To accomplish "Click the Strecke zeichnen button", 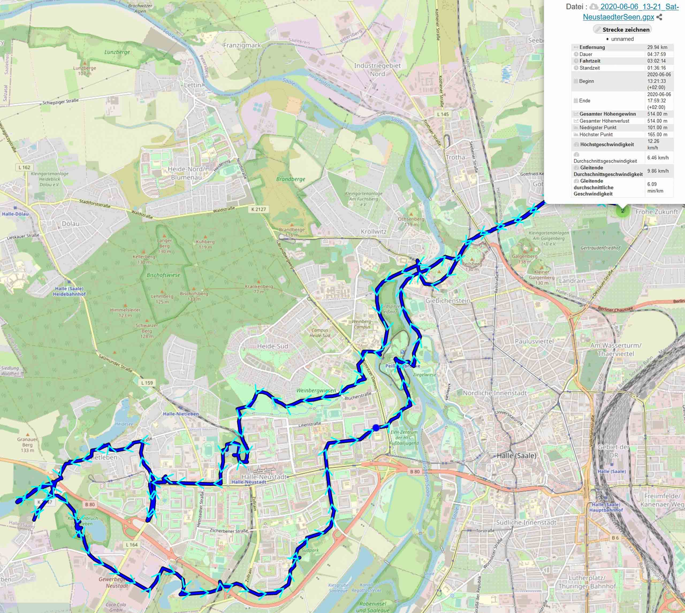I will click(x=622, y=29).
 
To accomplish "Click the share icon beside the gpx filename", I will click(x=659, y=17).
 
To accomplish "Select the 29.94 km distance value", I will click(x=657, y=47).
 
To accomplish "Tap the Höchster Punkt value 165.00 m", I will click(x=657, y=134).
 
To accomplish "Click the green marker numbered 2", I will click(x=622, y=211).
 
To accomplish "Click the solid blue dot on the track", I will click(x=376, y=427).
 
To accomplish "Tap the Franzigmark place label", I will click(x=242, y=45).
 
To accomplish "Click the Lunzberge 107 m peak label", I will click(x=84, y=70).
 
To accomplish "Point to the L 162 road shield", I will click(x=24, y=167).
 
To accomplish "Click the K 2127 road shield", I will click(x=258, y=209).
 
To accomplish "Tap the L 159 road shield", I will click(x=147, y=383).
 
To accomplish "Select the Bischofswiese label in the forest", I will click(x=163, y=275).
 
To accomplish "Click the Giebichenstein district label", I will click(x=447, y=300).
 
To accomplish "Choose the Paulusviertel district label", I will click(x=534, y=341).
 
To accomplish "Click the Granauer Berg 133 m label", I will click(x=28, y=444).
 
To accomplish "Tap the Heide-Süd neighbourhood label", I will click(x=273, y=346).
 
